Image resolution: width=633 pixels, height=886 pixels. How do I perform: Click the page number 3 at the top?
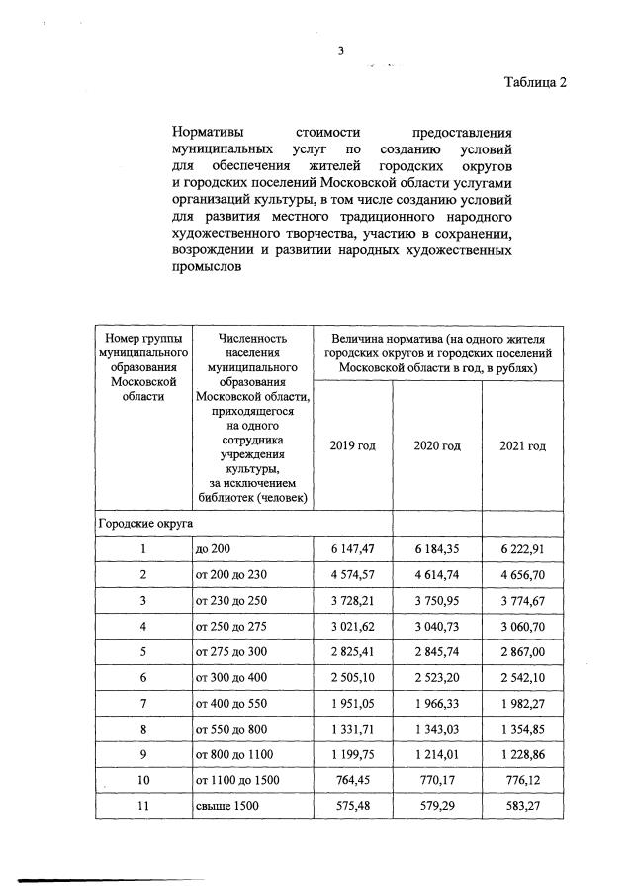(x=340, y=53)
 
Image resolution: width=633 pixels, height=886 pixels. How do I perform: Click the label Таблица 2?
(x=535, y=82)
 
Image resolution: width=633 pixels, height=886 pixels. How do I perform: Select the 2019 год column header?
(x=352, y=445)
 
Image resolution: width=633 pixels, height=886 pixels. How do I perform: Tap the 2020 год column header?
(x=437, y=445)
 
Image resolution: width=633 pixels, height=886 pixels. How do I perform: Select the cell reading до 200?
(x=215, y=548)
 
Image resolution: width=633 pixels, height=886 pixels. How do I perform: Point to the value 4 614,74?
(x=437, y=574)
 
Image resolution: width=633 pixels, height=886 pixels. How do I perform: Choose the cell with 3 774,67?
(x=522, y=600)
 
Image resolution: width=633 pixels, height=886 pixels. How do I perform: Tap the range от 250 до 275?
(x=233, y=626)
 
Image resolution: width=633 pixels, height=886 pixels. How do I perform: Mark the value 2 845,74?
(x=437, y=651)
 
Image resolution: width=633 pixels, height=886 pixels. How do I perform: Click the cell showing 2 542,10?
(x=522, y=677)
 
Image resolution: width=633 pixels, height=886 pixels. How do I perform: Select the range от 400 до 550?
(x=233, y=703)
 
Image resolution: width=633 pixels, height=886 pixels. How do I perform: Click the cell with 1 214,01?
(x=437, y=755)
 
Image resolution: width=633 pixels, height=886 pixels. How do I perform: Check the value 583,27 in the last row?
(x=522, y=807)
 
